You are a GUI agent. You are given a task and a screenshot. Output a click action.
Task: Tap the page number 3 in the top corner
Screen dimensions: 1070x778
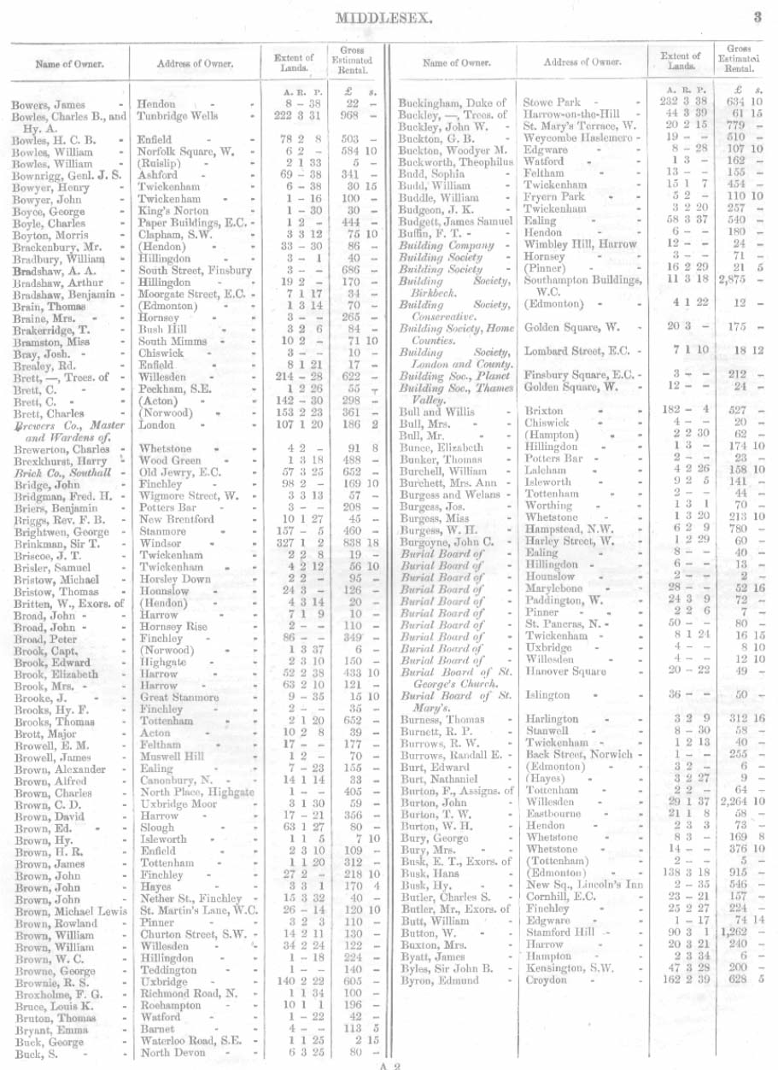click(x=757, y=15)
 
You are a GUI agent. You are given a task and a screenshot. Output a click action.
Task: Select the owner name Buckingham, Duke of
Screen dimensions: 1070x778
click(x=453, y=103)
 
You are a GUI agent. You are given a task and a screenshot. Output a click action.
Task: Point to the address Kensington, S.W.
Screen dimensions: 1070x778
click(x=568, y=970)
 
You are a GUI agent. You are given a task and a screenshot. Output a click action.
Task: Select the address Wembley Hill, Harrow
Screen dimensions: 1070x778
click(x=581, y=243)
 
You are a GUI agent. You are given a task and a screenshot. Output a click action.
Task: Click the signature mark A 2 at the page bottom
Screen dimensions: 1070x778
click(x=389, y=1064)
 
